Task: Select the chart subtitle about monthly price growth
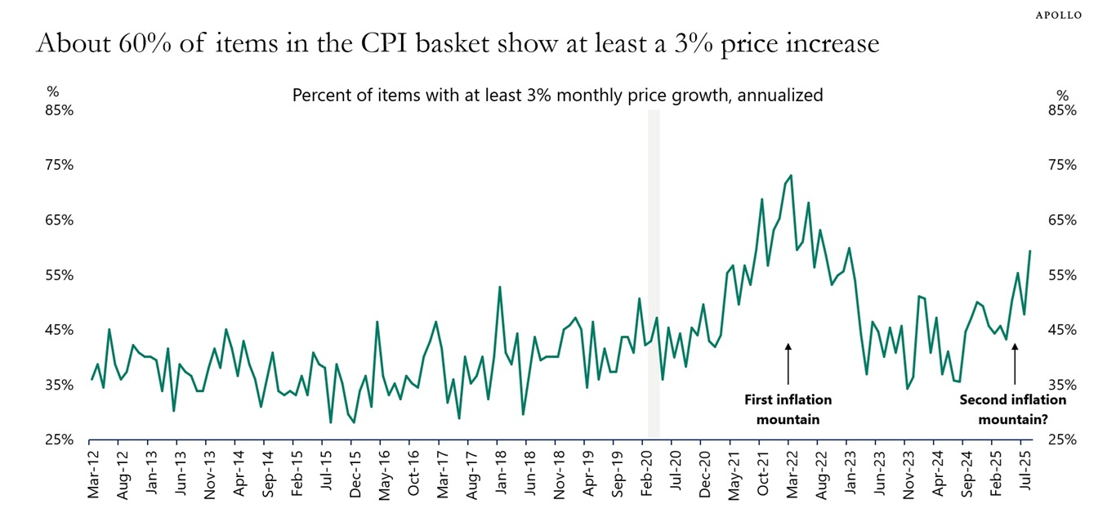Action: (557, 95)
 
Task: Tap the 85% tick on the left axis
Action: (60, 109)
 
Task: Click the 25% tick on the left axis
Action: (60, 439)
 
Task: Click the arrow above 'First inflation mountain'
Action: (788, 364)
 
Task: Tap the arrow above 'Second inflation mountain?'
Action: (1015, 364)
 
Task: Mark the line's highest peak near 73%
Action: (791, 176)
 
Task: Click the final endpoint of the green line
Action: (1029, 251)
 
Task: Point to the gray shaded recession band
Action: (654, 274)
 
